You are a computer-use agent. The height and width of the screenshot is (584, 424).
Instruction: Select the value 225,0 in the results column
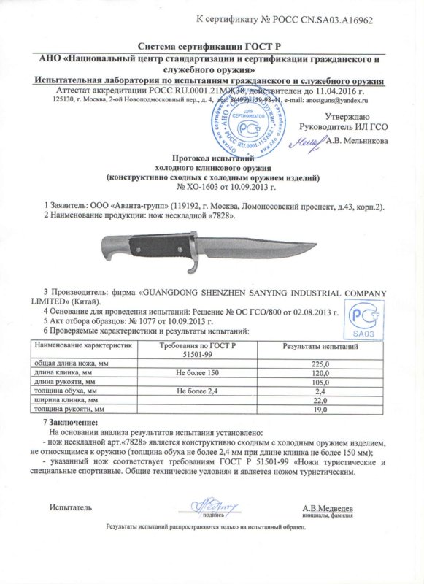pyautogui.click(x=321, y=363)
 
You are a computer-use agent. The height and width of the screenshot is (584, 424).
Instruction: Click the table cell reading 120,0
pyautogui.click(x=321, y=372)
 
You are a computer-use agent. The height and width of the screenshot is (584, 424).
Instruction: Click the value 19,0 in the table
pyautogui.click(x=321, y=411)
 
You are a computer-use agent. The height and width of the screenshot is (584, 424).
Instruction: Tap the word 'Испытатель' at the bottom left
pyautogui.click(x=70, y=507)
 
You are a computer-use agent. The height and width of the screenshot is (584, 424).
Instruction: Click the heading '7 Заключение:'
pyautogui.click(x=69, y=423)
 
